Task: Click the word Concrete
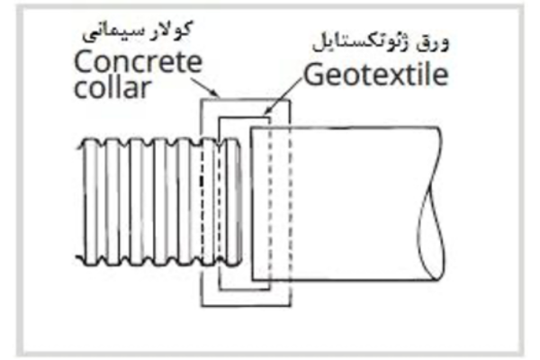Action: coord(138,62)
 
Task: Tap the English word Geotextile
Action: coord(376,76)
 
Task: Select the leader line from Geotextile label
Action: coord(283,95)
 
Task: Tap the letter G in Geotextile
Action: coord(313,75)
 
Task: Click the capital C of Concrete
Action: coord(84,62)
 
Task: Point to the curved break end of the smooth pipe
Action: coord(431,203)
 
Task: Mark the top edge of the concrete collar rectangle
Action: coord(246,100)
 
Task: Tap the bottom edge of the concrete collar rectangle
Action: coord(246,305)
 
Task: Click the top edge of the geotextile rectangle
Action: coord(244,118)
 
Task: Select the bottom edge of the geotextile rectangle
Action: coord(244,289)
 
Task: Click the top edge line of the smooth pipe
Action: coord(345,128)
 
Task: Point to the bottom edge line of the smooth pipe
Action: coord(345,280)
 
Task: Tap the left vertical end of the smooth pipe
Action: coord(252,203)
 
